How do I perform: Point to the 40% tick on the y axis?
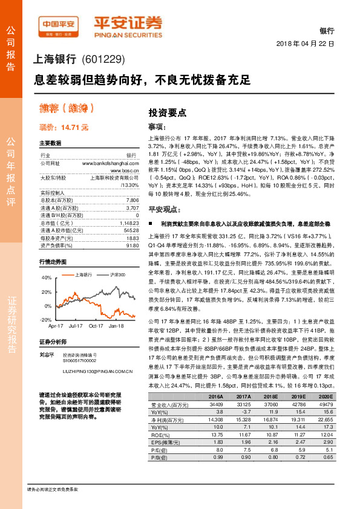(45, 277)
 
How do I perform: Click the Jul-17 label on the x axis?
(76, 325)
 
